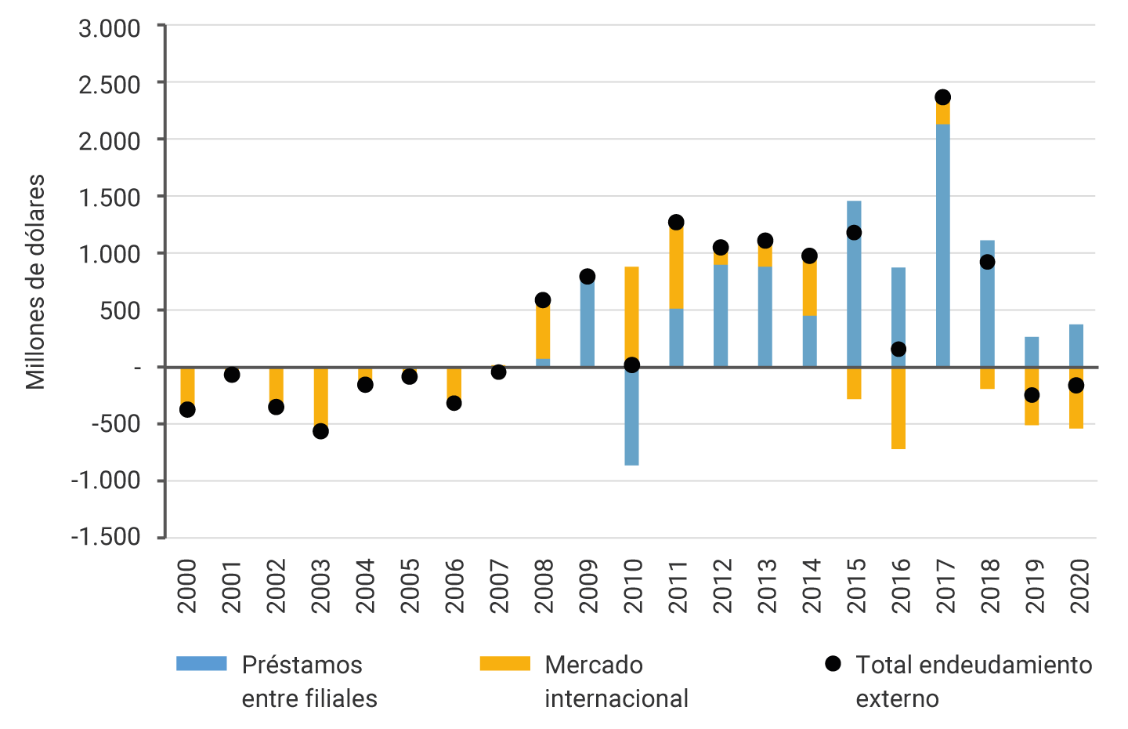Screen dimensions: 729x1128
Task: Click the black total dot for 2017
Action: (x=943, y=97)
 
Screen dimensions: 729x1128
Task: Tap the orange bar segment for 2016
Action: (x=898, y=409)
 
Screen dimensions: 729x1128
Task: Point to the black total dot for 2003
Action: (x=320, y=431)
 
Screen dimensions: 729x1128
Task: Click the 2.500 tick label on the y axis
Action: (x=109, y=84)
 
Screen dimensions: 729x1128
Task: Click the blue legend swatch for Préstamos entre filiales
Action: (x=201, y=664)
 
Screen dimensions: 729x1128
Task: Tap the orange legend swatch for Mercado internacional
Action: (x=504, y=664)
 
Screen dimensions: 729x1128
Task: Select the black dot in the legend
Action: (x=833, y=664)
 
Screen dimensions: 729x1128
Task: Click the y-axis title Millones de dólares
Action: (x=35, y=282)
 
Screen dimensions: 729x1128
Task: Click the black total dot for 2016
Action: (x=898, y=349)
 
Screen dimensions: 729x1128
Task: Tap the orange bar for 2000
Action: (x=187, y=386)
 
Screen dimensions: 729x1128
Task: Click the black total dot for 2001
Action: (x=232, y=375)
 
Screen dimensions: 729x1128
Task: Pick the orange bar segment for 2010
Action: (x=631, y=314)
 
